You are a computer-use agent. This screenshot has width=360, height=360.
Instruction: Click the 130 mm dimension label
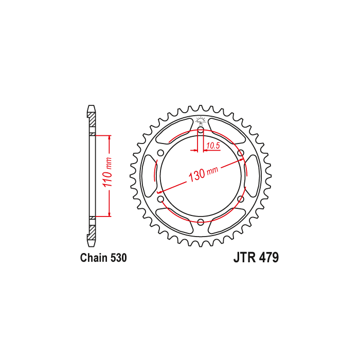tap(203, 173)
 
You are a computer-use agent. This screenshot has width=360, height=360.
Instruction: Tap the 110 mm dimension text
tap(107, 172)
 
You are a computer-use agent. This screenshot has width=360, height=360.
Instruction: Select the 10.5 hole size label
tap(213, 146)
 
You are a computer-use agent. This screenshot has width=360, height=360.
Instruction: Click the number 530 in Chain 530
tap(118, 258)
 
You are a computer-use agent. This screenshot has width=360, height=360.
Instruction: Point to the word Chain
tap(94, 258)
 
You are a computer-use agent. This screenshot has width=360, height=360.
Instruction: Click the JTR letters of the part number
tap(244, 257)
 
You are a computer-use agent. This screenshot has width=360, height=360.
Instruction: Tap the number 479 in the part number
tap(269, 257)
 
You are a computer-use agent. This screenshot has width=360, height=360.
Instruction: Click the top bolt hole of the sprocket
tap(201, 130)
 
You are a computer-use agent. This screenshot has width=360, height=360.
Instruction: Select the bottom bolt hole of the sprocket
tap(201, 222)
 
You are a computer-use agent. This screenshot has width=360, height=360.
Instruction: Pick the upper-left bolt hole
tap(160, 153)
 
